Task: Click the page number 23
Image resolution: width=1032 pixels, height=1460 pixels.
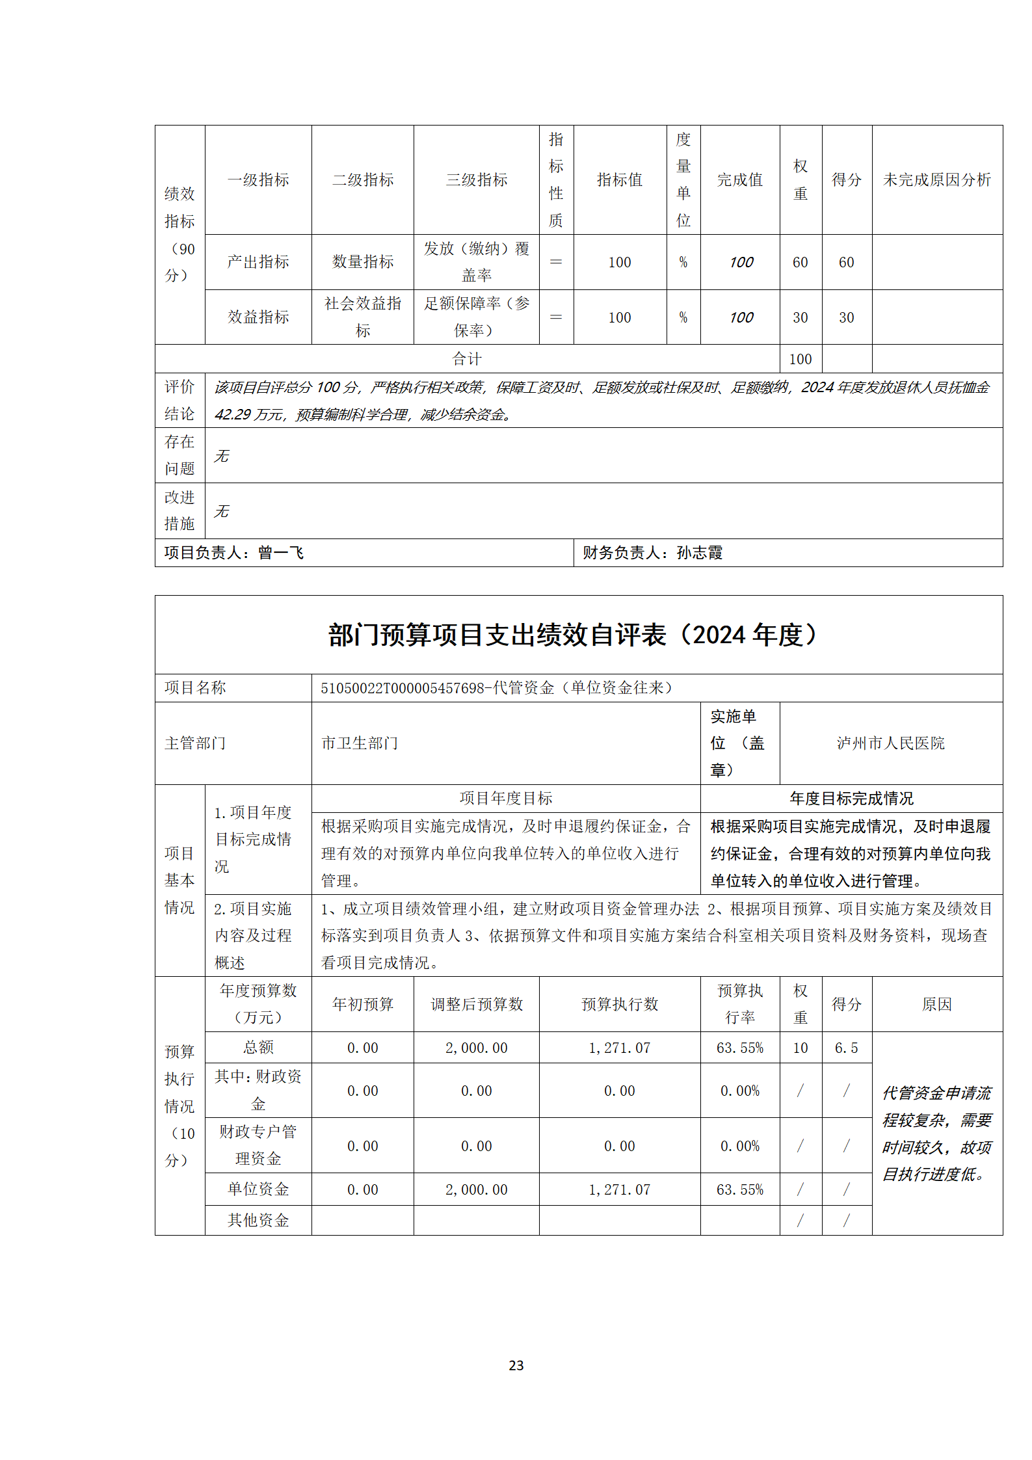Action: tap(516, 1365)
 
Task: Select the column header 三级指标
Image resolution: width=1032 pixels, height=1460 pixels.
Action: tap(476, 180)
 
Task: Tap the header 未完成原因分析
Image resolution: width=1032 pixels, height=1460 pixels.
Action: tap(936, 180)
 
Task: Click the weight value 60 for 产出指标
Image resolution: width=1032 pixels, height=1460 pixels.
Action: tap(800, 262)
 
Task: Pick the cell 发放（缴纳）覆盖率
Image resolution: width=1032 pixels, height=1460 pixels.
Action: tap(476, 262)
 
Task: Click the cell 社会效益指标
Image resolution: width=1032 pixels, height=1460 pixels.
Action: tap(363, 317)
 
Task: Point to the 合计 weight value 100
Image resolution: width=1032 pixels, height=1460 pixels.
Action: tap(800, 359)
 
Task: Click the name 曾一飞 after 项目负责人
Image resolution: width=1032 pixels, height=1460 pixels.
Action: tap(281, 553)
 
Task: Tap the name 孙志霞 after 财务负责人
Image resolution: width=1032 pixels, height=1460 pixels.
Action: tap(700, 553)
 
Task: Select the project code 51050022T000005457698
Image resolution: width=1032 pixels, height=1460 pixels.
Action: tap(403, 688)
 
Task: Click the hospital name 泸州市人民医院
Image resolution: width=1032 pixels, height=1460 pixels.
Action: tap(890, 743)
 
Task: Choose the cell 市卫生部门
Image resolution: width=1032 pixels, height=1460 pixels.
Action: tap(360, 743)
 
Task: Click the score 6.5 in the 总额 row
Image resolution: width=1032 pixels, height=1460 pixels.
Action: tap(846, 1048)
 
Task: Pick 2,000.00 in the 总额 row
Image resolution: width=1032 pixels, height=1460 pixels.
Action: tap(476, 1048)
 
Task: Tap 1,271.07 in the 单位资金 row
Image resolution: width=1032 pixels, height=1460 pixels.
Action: tap(619, 1189)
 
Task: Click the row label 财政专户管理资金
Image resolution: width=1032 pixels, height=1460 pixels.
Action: tap(258, 1145)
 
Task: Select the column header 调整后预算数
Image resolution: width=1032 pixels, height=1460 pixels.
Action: tap(476, 1004)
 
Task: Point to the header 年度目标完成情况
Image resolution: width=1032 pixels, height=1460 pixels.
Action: tap(851, 798)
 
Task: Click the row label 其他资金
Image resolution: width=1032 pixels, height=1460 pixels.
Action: tap(258, 1220)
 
